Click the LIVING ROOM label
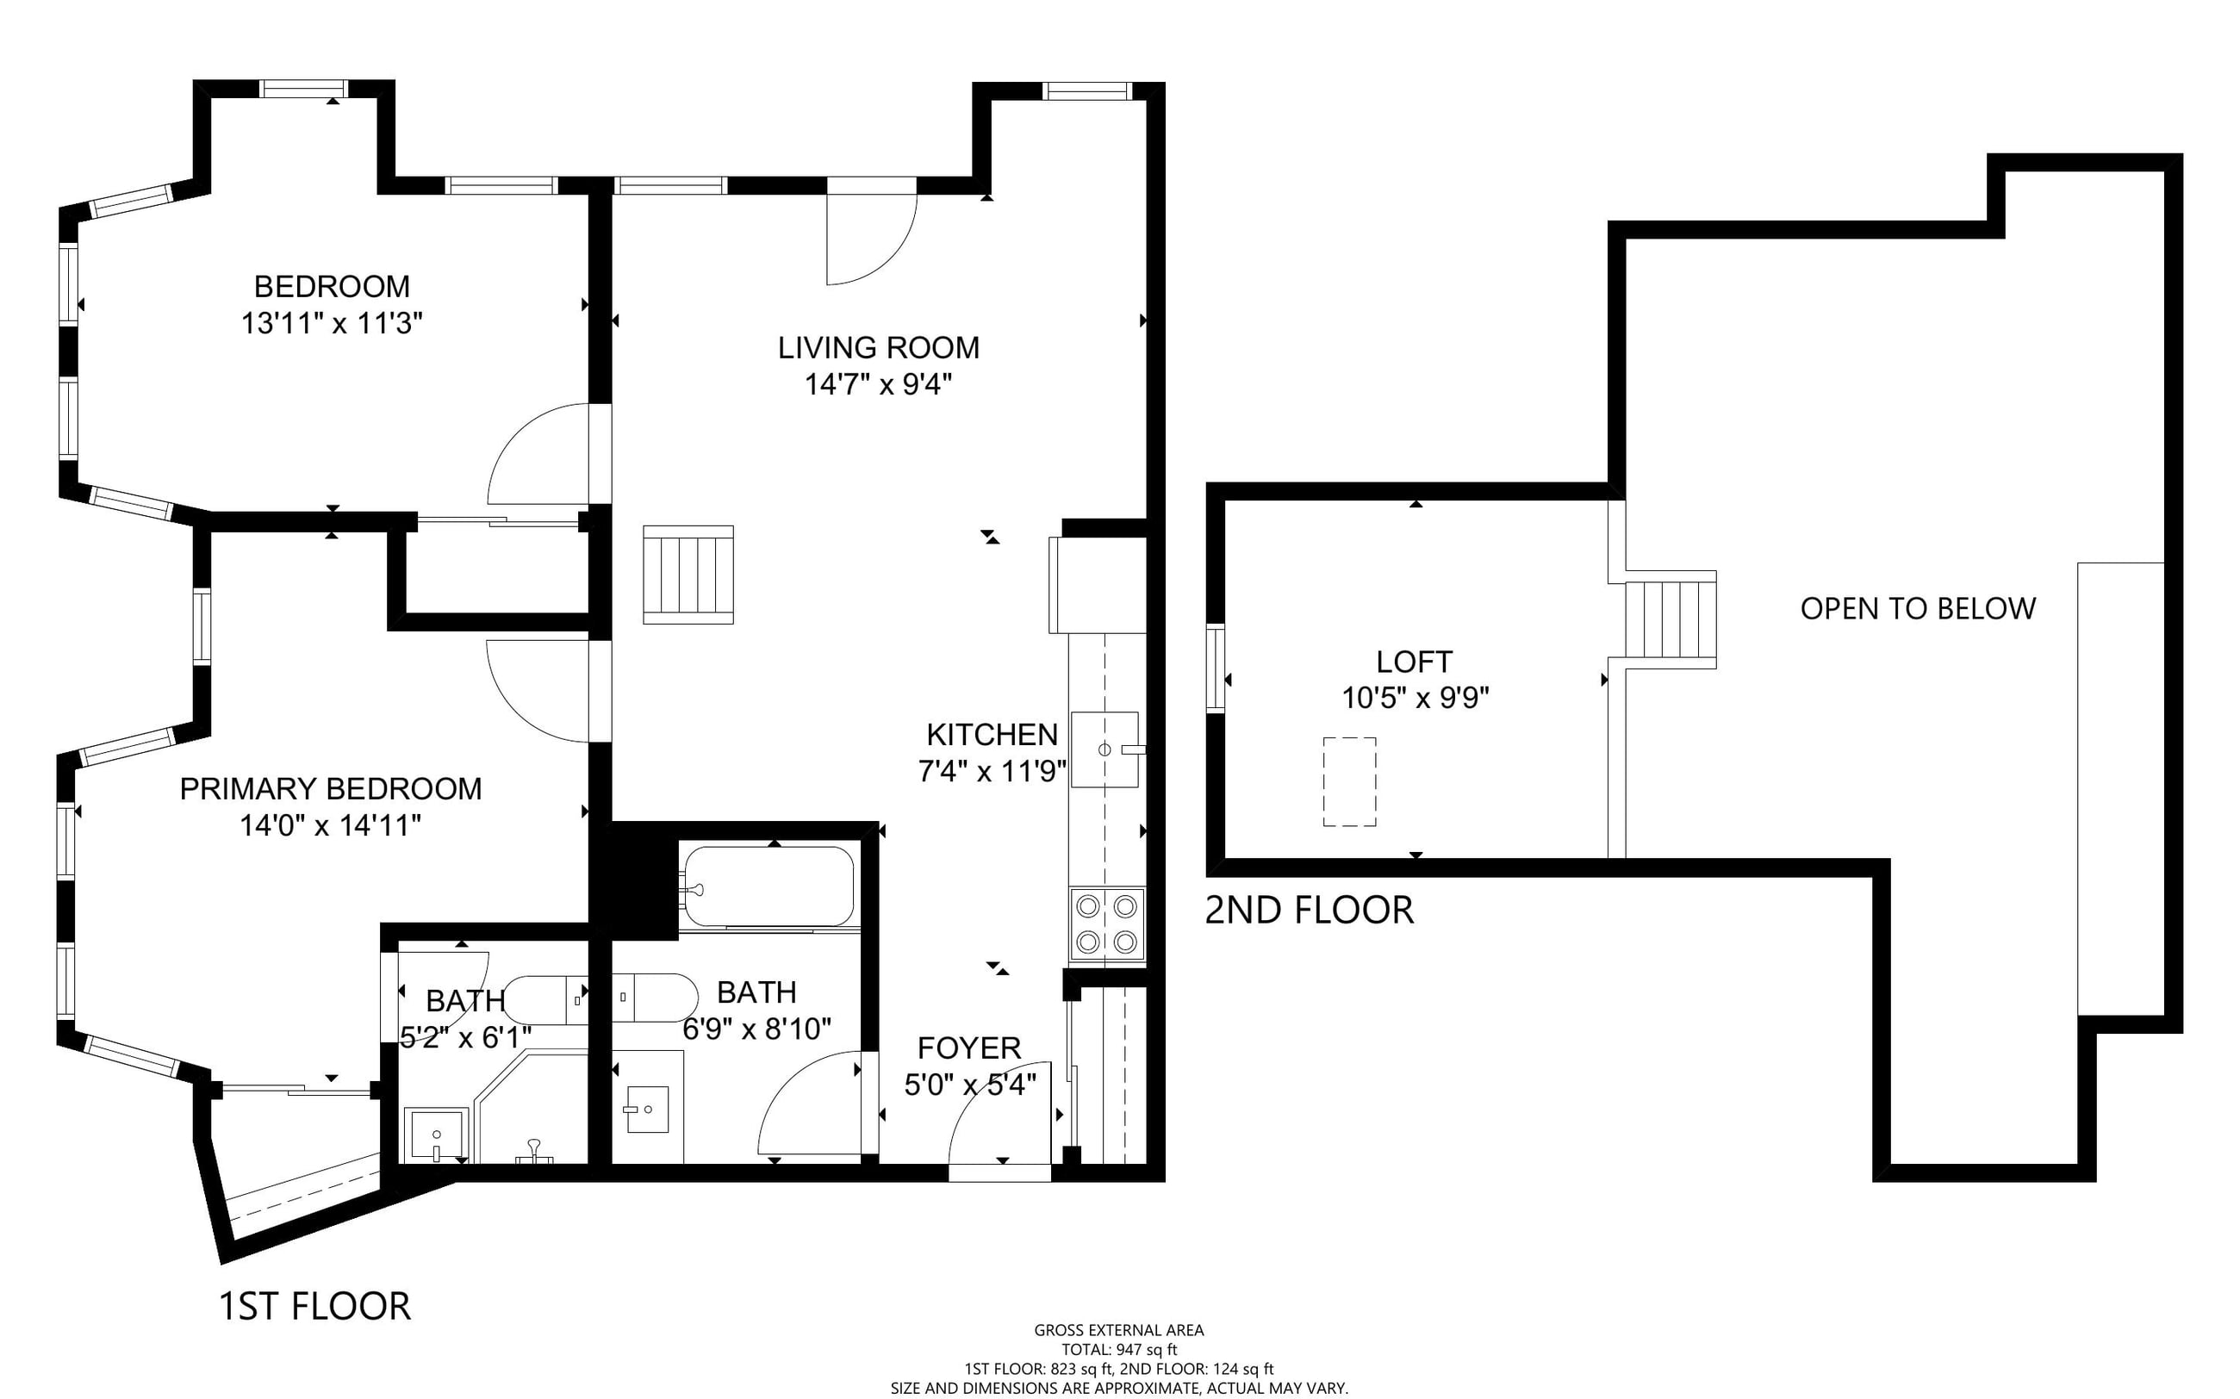[x=878, y=348]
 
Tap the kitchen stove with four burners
[x=1106, y=923]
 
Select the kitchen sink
[x=1104, y=749]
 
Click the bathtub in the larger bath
[x=767, y=886]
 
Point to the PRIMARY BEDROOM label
[x=330, y=788]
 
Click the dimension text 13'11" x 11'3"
[x=333, y=324]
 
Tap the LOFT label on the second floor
[x=1414, y=662]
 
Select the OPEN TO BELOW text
[x=1918, y=609]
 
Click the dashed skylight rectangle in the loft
[x=1349, y=782]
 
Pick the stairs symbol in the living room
[x=688, y=575]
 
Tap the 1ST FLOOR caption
[x=314, y=1307]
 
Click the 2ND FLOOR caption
[x=1310, y=911]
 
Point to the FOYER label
[x=968, y=1048]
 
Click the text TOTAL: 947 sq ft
[x=1118, y=1350]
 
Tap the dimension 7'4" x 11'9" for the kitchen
[x=992, y=771]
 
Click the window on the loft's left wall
[x=1216, y=668]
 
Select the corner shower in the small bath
[x=531, y=1108]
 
